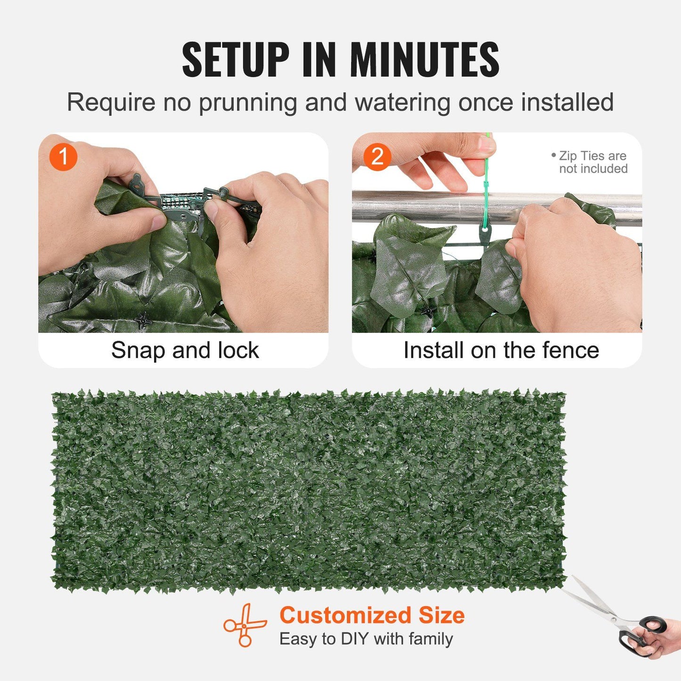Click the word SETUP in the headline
coord(236,60)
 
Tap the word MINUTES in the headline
coord(424,60)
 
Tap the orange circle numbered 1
coord(63,157)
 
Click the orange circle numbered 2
coord(377,157)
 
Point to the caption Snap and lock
coord(185,351)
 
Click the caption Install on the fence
coord(500,351)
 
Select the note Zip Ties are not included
coord(592,162)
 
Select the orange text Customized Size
coord(372,615)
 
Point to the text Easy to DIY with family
coord(366,639)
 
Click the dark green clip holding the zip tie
coord(484,233)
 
